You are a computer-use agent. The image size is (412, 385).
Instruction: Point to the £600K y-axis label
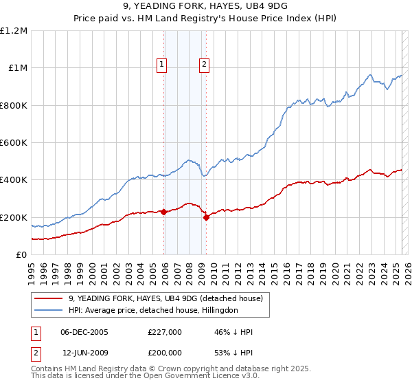click(14, 143)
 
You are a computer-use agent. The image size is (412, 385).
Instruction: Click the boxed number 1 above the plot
click(161, 65)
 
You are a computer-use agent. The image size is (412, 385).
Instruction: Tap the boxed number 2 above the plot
click(205, 65)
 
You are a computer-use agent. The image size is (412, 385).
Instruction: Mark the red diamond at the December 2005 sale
click(164, 212)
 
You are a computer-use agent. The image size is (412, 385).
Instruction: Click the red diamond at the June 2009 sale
click(206, 217)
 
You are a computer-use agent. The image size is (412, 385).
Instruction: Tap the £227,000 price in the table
click(164, 332)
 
